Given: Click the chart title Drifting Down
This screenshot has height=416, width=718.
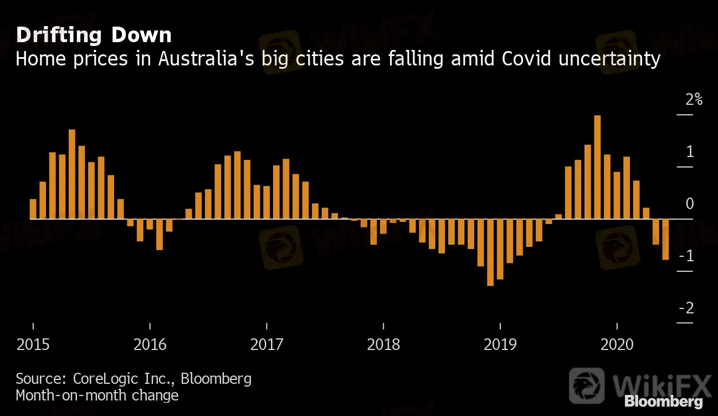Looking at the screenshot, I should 94,35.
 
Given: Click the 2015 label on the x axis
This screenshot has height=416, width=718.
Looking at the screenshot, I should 33,344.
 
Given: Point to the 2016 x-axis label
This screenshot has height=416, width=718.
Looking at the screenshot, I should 150,344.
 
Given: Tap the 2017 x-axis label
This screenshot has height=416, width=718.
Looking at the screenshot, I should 266,344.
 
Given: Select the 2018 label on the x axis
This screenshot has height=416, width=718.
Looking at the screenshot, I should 383,344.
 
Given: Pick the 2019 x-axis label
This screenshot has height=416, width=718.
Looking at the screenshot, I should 500,344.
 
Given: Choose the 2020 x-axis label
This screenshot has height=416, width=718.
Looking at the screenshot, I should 617,344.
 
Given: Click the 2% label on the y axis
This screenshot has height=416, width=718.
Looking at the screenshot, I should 694,100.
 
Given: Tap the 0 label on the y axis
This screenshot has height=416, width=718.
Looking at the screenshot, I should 689,204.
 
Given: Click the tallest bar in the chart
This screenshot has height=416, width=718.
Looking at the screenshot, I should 597,166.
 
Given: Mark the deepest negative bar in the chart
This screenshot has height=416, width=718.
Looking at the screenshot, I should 490,252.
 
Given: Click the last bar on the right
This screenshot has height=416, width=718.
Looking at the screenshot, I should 665,239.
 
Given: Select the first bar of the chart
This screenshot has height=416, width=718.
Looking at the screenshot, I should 33,209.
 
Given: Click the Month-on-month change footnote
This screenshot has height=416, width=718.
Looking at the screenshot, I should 97,395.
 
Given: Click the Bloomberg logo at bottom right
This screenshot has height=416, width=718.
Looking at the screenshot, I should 663,401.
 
